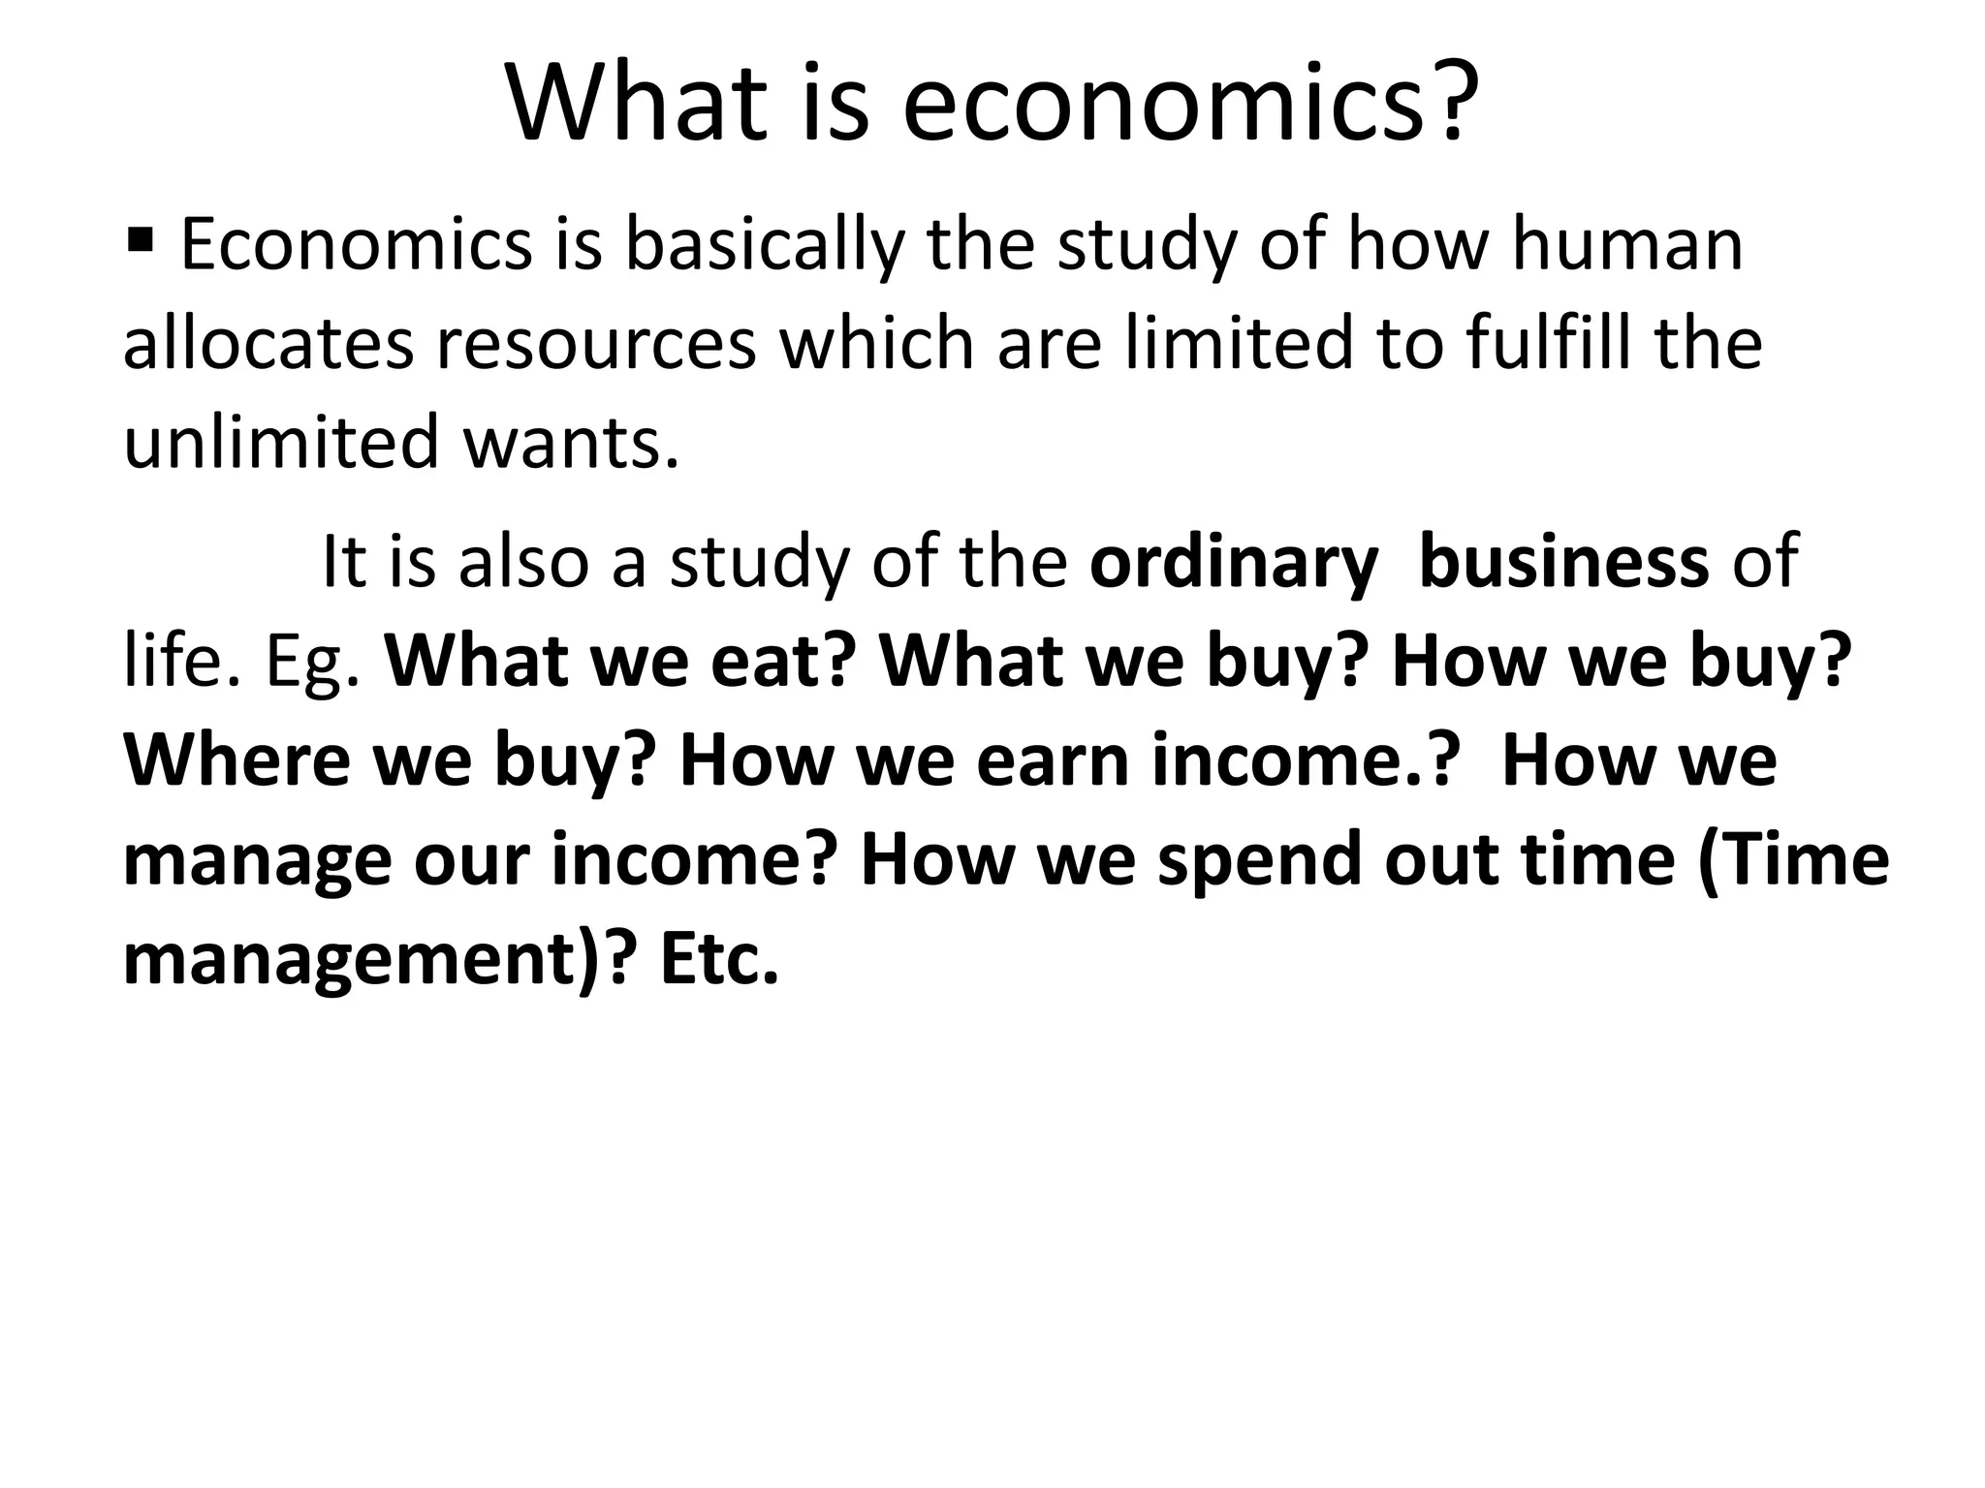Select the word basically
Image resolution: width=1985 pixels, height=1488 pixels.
pyautogui.click(x=762, y=244)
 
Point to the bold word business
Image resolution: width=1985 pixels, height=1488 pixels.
pyautogui.click(x=1563, y=563)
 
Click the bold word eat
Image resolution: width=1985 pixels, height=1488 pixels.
pyautogui.click(x=783, y=663)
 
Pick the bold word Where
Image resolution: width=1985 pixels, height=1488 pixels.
pyautogui.click(x=236, y=761)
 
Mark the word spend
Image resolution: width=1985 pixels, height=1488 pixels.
pyautogui.click(x=1260, y=861)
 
